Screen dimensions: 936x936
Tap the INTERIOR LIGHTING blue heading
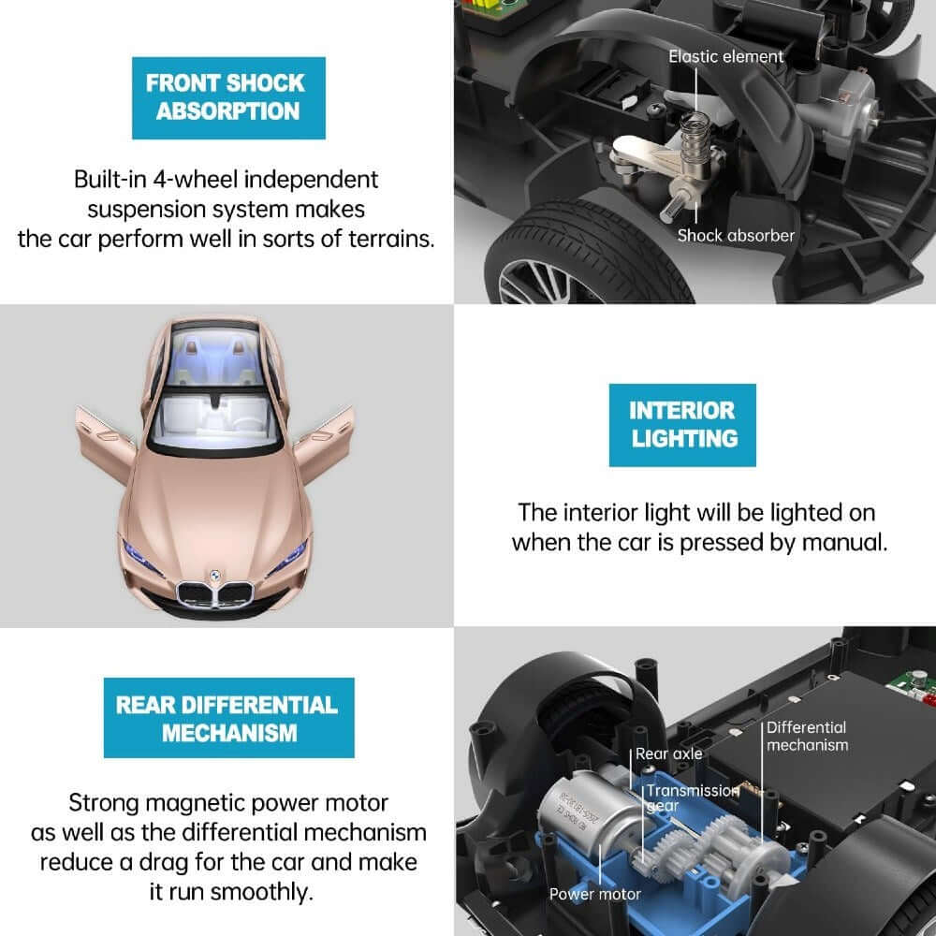point(682,424)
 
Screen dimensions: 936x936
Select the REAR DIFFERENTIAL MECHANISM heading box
point(228,718)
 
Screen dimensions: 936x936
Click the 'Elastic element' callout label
point(725,57)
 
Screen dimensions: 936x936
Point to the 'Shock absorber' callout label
point(736,236)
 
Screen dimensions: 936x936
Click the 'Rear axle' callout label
point(668,753)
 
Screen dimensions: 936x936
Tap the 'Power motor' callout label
point(595,894)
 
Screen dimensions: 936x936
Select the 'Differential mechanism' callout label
point(807,736)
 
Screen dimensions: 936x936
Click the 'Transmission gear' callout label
point(691,797)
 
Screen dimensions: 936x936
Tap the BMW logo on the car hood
point(214,571)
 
